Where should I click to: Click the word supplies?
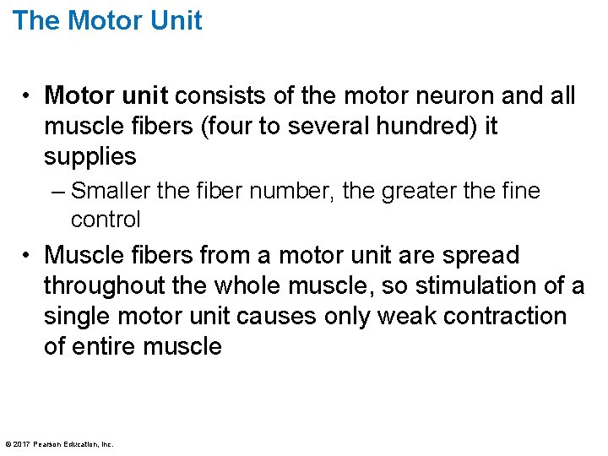coord(90,156)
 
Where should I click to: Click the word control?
coord(105,220)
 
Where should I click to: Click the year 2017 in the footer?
coord(22,444)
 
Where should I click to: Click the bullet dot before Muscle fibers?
coord(28,255)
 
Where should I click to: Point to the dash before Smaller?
coord(56,192)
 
